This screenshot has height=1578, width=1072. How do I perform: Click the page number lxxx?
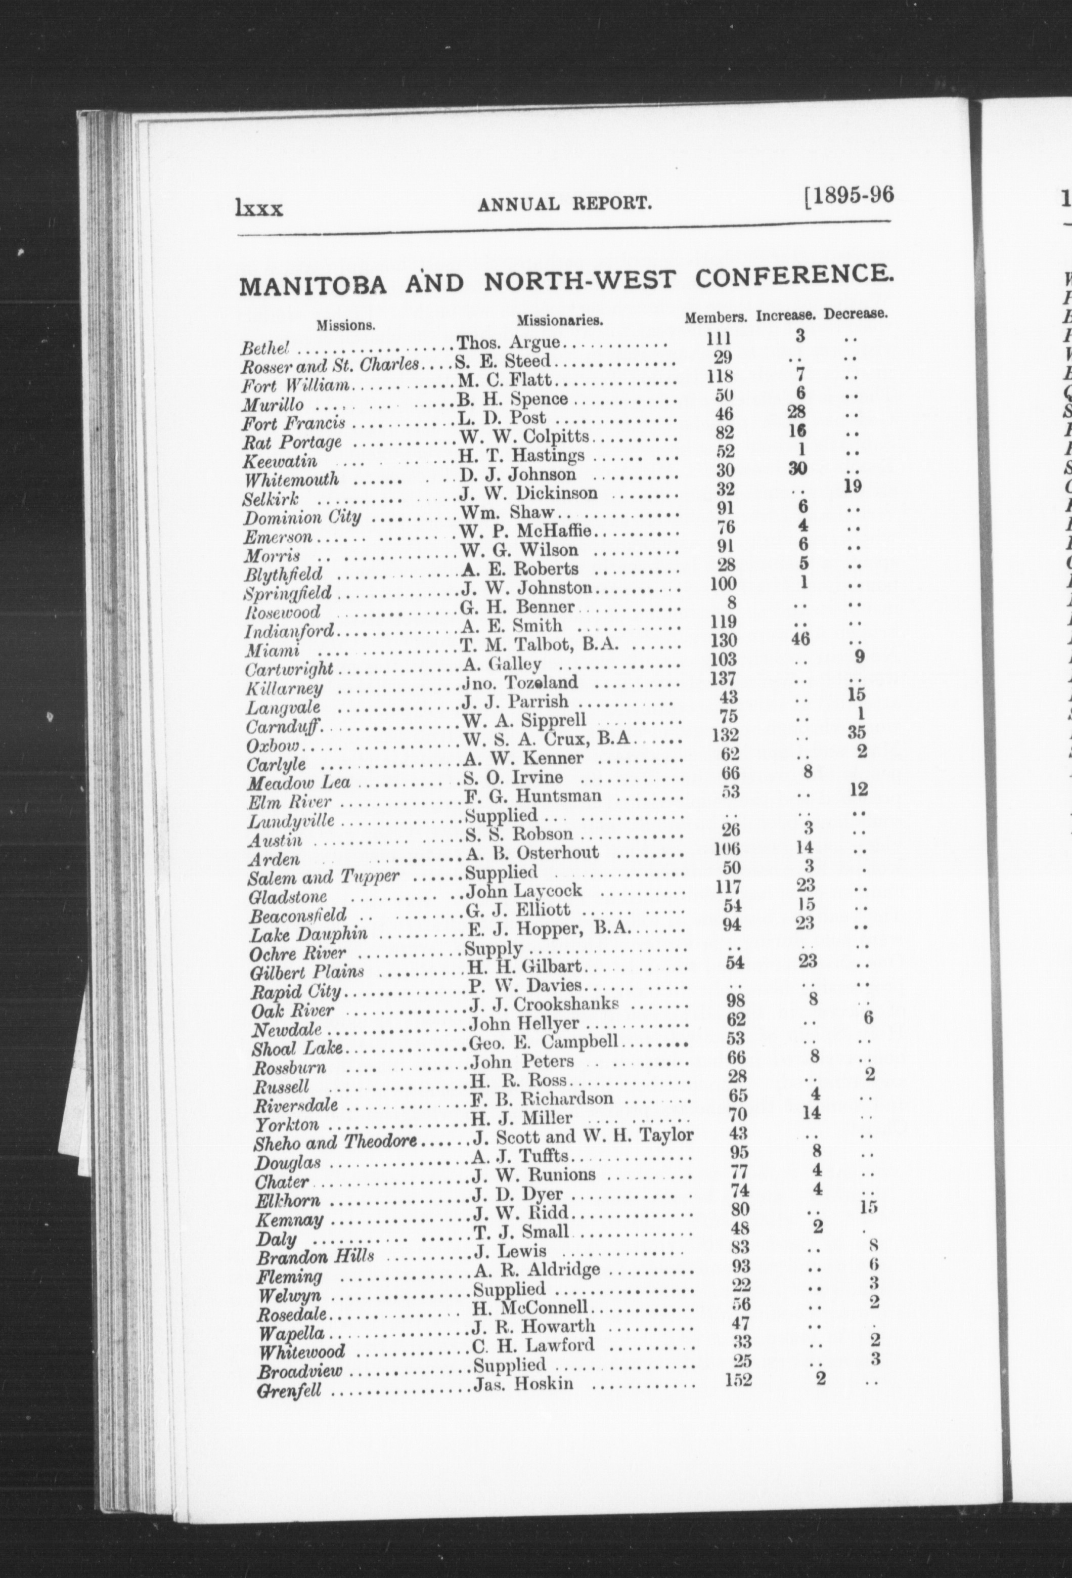(x=259, y=206)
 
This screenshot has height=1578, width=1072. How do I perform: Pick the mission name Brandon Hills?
(x=315, y=1255)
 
